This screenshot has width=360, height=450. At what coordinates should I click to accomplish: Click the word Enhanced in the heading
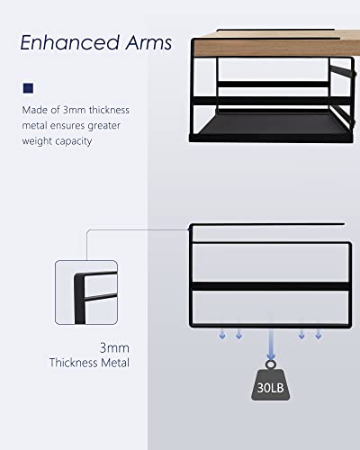(x=70, y=42)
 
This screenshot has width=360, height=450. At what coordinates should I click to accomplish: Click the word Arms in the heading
(x=148, y=42)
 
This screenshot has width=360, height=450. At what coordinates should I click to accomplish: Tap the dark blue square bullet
(x=28, y=88)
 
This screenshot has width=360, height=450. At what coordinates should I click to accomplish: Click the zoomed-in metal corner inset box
(x=86, y=292)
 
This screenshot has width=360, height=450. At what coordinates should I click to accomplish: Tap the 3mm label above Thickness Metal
(x=114, y=348)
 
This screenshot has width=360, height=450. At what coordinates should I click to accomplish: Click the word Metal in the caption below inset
(x=115, y=363)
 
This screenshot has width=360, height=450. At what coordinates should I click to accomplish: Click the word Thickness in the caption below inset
(x=74, y=363)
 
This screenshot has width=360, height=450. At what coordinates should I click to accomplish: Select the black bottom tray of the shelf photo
(x=272, y=129)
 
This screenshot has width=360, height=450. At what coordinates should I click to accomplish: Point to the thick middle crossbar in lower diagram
(x=271, y=286)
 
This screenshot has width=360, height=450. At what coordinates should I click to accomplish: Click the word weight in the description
(x=37, y=141)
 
